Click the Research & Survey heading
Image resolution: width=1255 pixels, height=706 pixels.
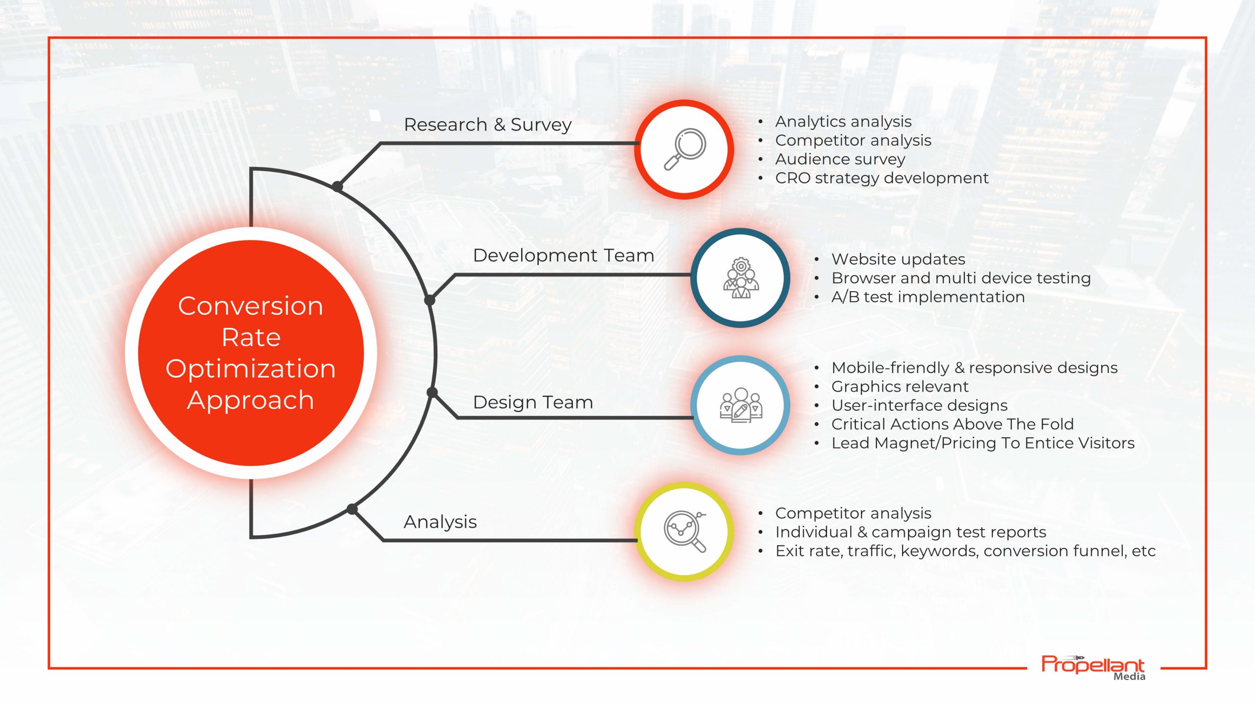coord(487,125)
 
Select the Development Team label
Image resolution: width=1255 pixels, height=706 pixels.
coord(563,255)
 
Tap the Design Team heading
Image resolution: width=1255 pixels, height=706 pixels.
coord(533,403)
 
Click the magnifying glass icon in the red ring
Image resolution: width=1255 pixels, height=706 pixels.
coord(685,149)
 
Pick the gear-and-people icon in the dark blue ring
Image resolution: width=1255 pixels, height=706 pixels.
coord(741,277)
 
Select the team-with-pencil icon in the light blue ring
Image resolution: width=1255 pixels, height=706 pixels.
coord(741,405)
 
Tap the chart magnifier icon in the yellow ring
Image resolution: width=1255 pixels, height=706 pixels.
coord(685,531)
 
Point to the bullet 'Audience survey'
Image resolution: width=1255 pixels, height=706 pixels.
coord(840,159)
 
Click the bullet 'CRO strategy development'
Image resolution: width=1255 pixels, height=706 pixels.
coord(881,178)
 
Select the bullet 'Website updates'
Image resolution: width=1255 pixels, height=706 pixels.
coord(898,259)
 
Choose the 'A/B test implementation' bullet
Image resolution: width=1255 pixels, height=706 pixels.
coord(928,297)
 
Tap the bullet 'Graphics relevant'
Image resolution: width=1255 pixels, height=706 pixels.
coord(900,387)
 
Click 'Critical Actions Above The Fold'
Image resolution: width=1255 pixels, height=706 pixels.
coord(952,424)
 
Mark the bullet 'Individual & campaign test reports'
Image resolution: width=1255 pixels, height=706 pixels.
coord(910,532)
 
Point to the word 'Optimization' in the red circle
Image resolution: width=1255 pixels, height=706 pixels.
coord(251,369)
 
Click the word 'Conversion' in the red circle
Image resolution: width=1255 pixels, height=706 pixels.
coord(251,306)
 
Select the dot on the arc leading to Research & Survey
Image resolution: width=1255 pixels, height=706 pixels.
coord(337,186)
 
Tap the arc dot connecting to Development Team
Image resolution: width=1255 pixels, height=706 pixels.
coord(429,300)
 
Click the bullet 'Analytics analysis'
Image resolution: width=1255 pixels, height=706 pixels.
coord(843,122)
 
